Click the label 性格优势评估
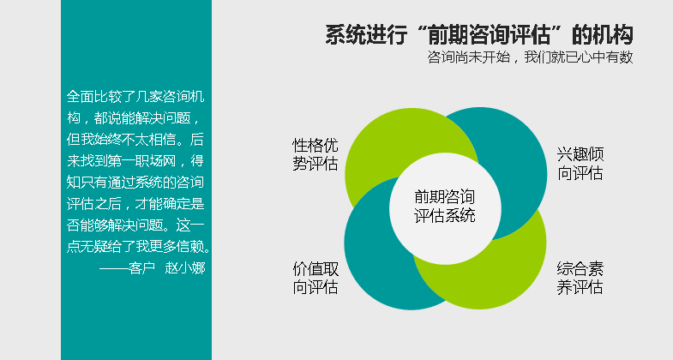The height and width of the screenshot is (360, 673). click(x=315, y=154)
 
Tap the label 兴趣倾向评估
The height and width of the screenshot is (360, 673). click(x=580, y=164)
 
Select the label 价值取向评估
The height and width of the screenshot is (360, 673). click(x=315, y=278)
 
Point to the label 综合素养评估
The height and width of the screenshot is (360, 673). click(x=580, y=278)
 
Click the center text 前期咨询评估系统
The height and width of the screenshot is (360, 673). click(x=445, y=206)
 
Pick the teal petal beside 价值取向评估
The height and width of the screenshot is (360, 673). click(x=378, y=257)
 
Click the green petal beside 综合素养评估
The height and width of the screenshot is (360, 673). click(x=502, y=270)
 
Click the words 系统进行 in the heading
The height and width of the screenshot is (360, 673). click(x=366, y=35)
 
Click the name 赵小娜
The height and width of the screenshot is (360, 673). click(x=185, y=268)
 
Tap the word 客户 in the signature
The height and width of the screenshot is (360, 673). click(x=141, y=268)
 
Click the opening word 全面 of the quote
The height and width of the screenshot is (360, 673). click(x=81, y=97)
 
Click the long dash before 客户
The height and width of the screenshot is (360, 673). click(x=114, y=268)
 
